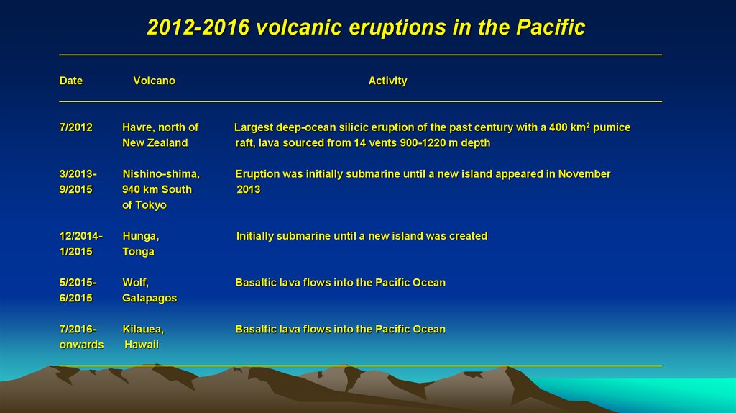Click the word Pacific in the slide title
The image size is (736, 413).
tap(550, 27)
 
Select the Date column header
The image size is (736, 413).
tap(71, 81)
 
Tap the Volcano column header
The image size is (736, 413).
tap(154, 81)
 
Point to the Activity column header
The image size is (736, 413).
tap(387, 81)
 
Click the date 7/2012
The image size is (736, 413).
tap(75, 127)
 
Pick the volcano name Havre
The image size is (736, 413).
tap(137, 127)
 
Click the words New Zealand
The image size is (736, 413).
tap(155, 143)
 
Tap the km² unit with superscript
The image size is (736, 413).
tap(581, 127)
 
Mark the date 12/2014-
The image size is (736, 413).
tap(80, 236)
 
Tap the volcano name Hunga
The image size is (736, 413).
tap(140, 236)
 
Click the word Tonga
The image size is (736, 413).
tap(138, 252)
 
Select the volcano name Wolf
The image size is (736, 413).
tap(135, 283)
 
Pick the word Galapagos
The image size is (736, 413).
tap(149, 299)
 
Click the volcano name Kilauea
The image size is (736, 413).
tap(143, 330)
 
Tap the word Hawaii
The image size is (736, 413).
tap(142, 345)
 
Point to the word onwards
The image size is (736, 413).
tap(81, 345)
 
